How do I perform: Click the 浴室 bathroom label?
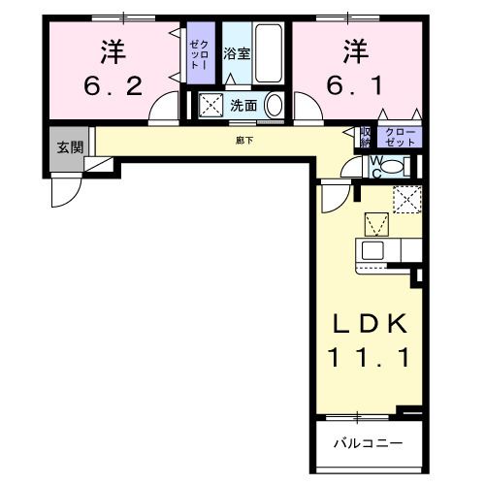click(x=237, y=54)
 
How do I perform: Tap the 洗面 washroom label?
click(x=242, y=105)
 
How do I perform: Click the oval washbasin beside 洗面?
click(x=275, y=105)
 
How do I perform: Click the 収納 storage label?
click(x=367, y=137)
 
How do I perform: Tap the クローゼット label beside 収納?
click(x=400, y=137)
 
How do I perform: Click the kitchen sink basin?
click(x=373, y=251)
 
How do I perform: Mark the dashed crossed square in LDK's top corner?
click(x=406, y=200)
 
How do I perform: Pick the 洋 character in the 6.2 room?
click(x=113, y=48)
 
